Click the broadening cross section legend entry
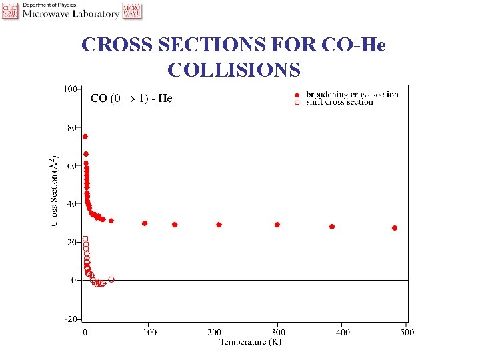pos(352,95)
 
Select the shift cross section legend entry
pos(339,102)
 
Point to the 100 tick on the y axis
pos(69,89)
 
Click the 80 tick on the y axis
pos(71,127)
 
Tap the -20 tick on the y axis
pos(70,319)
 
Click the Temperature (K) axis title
pos(251,342)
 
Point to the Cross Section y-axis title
pos(53,191)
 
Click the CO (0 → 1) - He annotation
pos(131,99)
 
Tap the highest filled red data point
pos(85,137)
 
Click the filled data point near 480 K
pos(395,228)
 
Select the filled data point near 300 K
pos(277,225)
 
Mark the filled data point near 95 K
pos(145,223)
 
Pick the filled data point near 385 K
pos(332,227)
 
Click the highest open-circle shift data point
pos(85,239)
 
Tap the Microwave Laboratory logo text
pos(71,13)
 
